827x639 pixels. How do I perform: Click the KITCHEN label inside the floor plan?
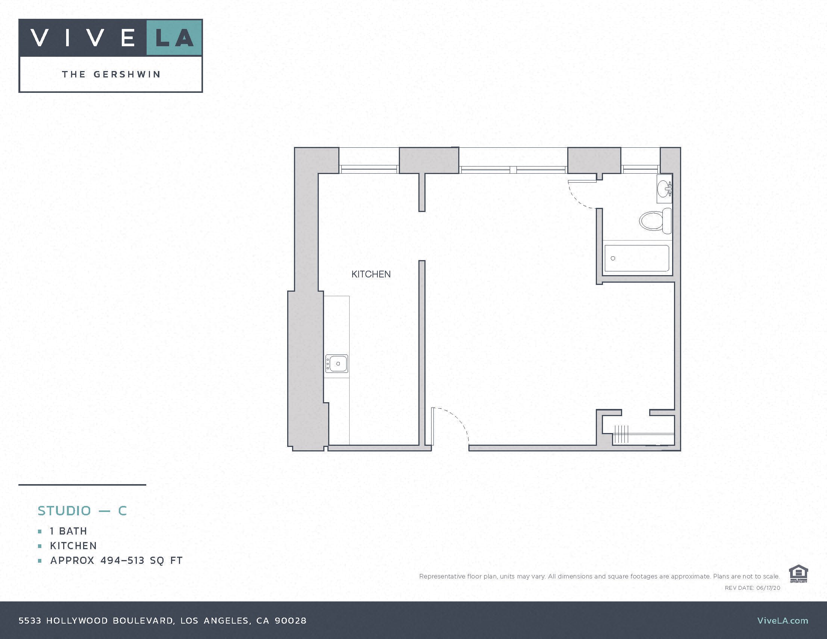[x=371, y=274]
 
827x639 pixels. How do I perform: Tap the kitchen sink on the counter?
[x=337, y=363]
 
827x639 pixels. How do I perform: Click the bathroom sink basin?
[x=664, y=189]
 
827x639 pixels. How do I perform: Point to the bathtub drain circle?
[x=613, y=258]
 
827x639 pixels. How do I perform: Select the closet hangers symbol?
[x=621, y=434]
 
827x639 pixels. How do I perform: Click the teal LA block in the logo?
[x=174, y=38]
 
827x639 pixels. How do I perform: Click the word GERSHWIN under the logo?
[x=127, y=74]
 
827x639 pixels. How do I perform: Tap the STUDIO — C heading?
[x=82, y=511]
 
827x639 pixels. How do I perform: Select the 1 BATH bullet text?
[x=68, y=531]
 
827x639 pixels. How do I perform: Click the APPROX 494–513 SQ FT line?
[x=116, y=560]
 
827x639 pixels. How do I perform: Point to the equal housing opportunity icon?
[x=798, y=574]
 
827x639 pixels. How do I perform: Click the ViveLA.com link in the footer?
[x=782, y=621]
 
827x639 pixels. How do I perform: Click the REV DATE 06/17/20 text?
[x=752, y=588]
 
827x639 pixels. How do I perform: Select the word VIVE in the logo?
[x=83, y=38]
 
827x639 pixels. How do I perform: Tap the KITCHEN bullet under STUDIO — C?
[x=73, y=545]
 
